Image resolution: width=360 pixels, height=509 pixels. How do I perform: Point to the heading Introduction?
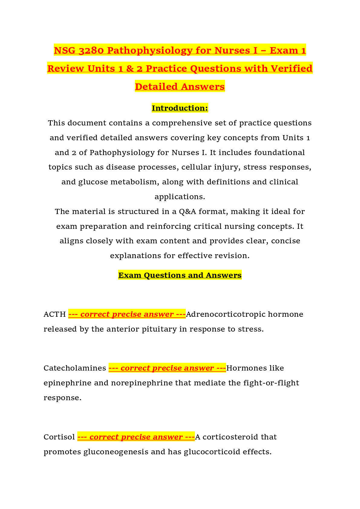[x=180, y=108]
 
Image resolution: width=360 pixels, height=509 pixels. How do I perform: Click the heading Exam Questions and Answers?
[x=180, y=275]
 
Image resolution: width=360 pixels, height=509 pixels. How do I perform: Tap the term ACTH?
[x=54, y=314]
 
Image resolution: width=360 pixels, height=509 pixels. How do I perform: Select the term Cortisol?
[x=59, y=437]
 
